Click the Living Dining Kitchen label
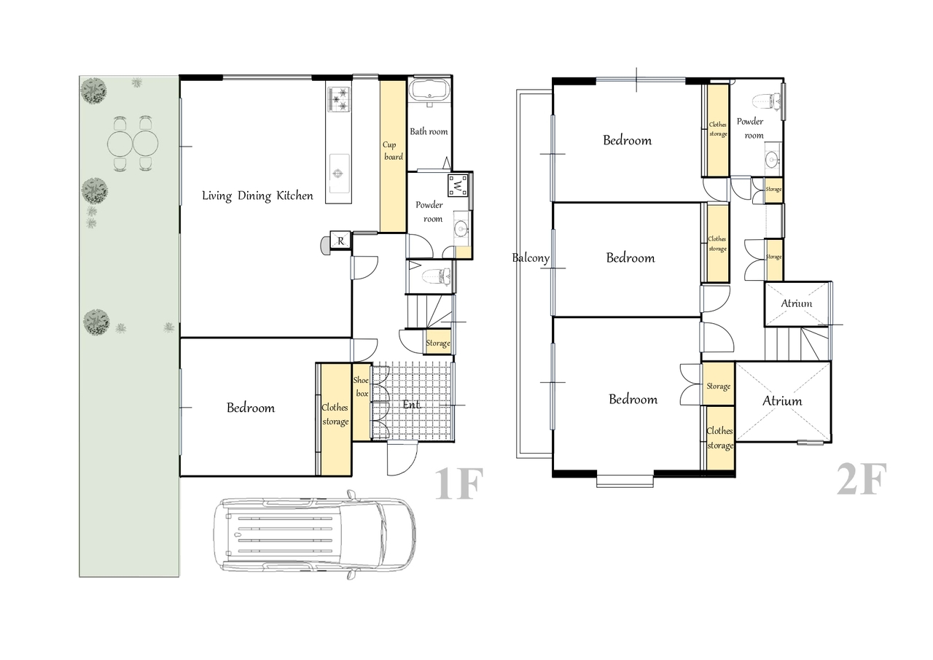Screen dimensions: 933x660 (257, 196)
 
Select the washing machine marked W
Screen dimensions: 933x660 (458, 185)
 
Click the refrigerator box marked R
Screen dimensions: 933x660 (340, 241)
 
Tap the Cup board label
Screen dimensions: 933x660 (393, 150)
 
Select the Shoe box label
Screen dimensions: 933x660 (361, 387)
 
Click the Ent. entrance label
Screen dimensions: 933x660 (412, 404)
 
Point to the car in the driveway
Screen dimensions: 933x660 (314, 535)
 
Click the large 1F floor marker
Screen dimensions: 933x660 (459, 484)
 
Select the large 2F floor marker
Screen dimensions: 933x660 (862, 479)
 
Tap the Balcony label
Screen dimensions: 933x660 (531, 258)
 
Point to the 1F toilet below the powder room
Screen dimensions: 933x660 (436, 276)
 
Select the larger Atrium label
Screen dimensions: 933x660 (782, 401)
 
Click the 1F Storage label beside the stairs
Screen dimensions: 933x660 (438, 343)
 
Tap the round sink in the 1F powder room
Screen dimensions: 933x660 (461, 228)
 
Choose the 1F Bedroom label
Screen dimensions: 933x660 (251, 408)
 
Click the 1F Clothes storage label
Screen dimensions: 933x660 (335, 414)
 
